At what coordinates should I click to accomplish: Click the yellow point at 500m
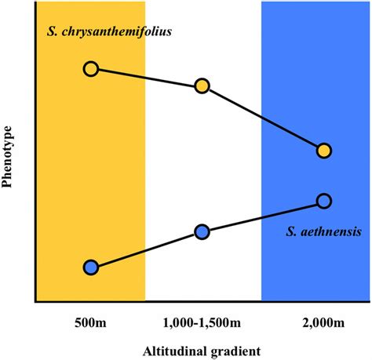[x=91, y=69]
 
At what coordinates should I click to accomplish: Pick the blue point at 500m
[x=91, y=267]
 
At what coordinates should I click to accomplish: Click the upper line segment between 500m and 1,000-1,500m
[x=146, y=78]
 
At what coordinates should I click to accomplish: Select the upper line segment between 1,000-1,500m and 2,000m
[x=263, y=118]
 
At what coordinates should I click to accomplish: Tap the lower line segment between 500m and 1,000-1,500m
[x=146, y=249]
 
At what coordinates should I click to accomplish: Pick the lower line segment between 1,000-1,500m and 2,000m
[x=263, y=216]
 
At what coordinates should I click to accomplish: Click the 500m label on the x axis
[x=90, y=322]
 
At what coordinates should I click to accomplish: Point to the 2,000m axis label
[x=322, y=322]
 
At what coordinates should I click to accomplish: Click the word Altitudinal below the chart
[x=177, y=350]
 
